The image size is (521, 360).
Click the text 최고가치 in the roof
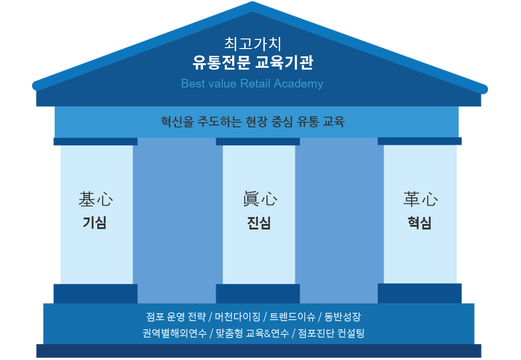pyautogui.click(x=253, y=44)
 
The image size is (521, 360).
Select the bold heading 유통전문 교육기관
pyautogui.click(x=253, y=62)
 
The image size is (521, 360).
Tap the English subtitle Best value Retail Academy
pyautogui.click(x=252, y=83)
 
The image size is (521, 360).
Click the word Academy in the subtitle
pyautogui.click(x=298, y=83)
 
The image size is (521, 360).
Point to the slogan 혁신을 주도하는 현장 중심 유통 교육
pyautogui.click(x=253, y=122)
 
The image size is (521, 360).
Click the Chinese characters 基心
pyautogui.click(x=96, y=199)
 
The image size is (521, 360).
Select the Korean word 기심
pyautogui.click(x=95, y=223)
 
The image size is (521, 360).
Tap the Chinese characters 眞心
pyautogui.click(x=260, y=199)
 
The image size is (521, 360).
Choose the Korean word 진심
pyautogui.click(x=259, y=223)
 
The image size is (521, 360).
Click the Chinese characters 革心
pyautogui.click(x=421, y=199)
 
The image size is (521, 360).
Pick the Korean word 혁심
pyautogui.click(x=420, y=223)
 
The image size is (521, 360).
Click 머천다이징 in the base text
pyautogui.click(x=238, y=316)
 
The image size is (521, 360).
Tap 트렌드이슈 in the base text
pyautogui.click(x=292, y=316)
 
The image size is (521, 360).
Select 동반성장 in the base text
pyautogui.click(x=342, y=316)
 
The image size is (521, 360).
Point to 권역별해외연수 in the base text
pyautogui.click(x=174, y=333)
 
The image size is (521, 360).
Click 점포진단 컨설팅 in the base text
pyautogui.click(x=331, y=333)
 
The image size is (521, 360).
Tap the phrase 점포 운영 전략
pyautogui.click(x=176, y=316)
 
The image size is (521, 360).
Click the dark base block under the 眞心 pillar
pyautogui.click(x=258, y=294)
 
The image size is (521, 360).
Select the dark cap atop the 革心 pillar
pyautogui.click(x=420, y=141)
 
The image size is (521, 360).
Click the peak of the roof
pyautogui.click(x=253, y=2)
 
